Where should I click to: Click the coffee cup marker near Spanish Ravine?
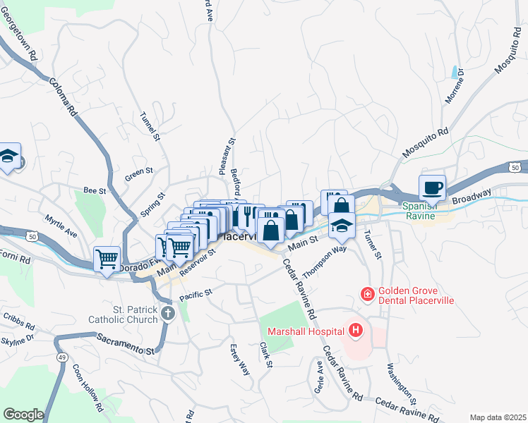coord(432,188)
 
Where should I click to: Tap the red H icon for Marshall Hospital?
coord(355,330)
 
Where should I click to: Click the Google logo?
coord(23,415)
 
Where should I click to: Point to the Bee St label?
coord(94,190)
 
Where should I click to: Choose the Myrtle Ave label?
coord(61,224)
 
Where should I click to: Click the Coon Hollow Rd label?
coord(88,388)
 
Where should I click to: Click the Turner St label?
coord(372,244)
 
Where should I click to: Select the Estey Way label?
coord(239,360)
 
